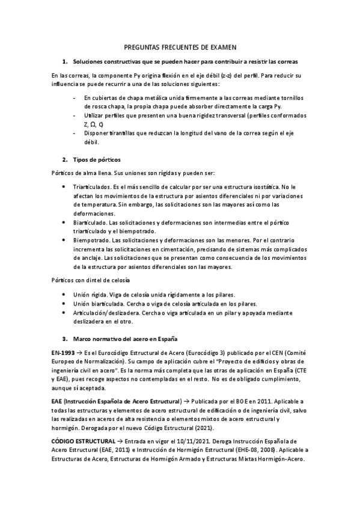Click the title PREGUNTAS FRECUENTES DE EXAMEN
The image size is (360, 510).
(180, 47)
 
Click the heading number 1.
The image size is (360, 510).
(65, 61)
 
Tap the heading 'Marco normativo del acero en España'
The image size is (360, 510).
(126, 339)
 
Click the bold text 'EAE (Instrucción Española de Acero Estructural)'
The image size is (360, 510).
(117, 401)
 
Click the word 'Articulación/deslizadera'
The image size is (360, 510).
(105, 313)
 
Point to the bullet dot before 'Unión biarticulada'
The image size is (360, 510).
(65, 304)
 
